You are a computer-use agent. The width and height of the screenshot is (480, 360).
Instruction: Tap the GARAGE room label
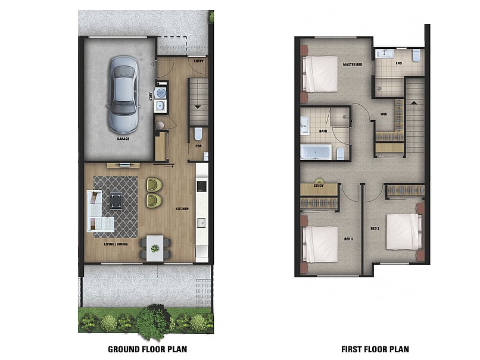pyautogui.click(x=123, y=139)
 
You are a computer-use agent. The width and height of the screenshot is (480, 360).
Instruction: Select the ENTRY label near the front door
pyautogui.click(x=198, y=60)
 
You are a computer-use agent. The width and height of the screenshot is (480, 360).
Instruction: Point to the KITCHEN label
pyautogui.click(x=182, y=209)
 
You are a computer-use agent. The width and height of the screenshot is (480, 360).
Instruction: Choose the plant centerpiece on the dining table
pyautogui.click(x=155, y=248)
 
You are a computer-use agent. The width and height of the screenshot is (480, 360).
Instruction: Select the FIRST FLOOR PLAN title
pyautogui.click(x=375, y=349)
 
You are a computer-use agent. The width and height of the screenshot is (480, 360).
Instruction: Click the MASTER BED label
pyautogui.click(x=353, y=64)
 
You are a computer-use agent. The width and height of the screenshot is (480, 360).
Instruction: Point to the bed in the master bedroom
pyautogui.click(x=320, y=74)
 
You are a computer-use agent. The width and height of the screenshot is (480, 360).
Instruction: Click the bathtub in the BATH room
pyautogui.click(x=315, y=152)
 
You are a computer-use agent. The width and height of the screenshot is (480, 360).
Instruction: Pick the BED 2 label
pyautogui.click(x=375, y=228)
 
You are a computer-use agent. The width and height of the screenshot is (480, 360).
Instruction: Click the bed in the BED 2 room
pyautogui.click(x=403, y=231)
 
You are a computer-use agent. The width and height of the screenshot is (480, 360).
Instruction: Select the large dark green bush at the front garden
pyautogui.click(x=154, y=321)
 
